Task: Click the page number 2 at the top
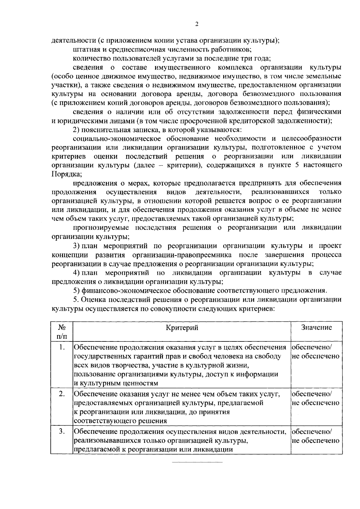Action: click(196, 24)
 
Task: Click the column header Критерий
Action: click(182, 328)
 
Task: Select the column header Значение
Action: click(316, 327)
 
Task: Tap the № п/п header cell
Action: click(61, 332)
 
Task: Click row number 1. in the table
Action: click(62, 347)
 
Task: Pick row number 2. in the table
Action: click(62, 394)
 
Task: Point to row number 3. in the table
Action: click(62, 432)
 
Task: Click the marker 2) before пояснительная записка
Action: click(76, 130)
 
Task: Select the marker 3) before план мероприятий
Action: click(76, 246)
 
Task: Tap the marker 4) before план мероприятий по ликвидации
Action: click(76, 273)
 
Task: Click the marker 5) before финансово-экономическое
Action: click(76, 290)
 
